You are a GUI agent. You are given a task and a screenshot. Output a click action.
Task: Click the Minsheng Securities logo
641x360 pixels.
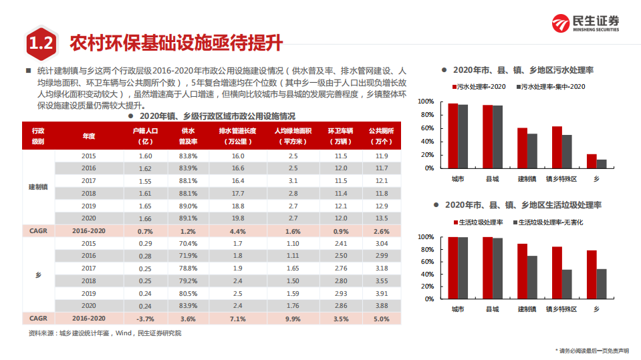pyautogui.click(x=585, y=23)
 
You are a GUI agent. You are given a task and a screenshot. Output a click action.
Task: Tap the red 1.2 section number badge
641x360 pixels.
pyautogui.click(x=41, y=44)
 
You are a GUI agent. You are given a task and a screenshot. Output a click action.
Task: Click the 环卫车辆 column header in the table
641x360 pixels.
pyautogui.click(x=340, y=136)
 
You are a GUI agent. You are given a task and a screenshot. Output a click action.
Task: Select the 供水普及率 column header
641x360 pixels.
pyautogui.click(x=188, y=136)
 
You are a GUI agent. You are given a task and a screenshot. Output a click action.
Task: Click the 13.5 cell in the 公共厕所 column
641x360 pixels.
pyautogui.click(x=381, y=218)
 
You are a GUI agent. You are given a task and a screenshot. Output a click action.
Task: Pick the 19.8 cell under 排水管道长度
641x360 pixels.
pyautogui.click(x=238, y=218)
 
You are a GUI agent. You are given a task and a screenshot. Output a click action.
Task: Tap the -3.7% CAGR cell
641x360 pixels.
pyautogui.click(x=145, y=319)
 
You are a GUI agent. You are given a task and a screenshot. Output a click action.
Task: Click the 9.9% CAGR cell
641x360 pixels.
pyautogui.click(x=293, y=319)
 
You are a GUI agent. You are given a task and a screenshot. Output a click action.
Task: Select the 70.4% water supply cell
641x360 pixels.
pyautogui.click(x=188, y=243)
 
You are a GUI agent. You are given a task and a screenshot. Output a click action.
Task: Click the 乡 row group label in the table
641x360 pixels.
pyautogui.click(x=38, y=275)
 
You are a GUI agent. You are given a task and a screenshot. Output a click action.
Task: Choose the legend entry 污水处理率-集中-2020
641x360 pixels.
pyautogui.click(x=552, y=87)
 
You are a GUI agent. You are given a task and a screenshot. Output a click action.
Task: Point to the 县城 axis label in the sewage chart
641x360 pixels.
pyautogui.click(x=492, y=179)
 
